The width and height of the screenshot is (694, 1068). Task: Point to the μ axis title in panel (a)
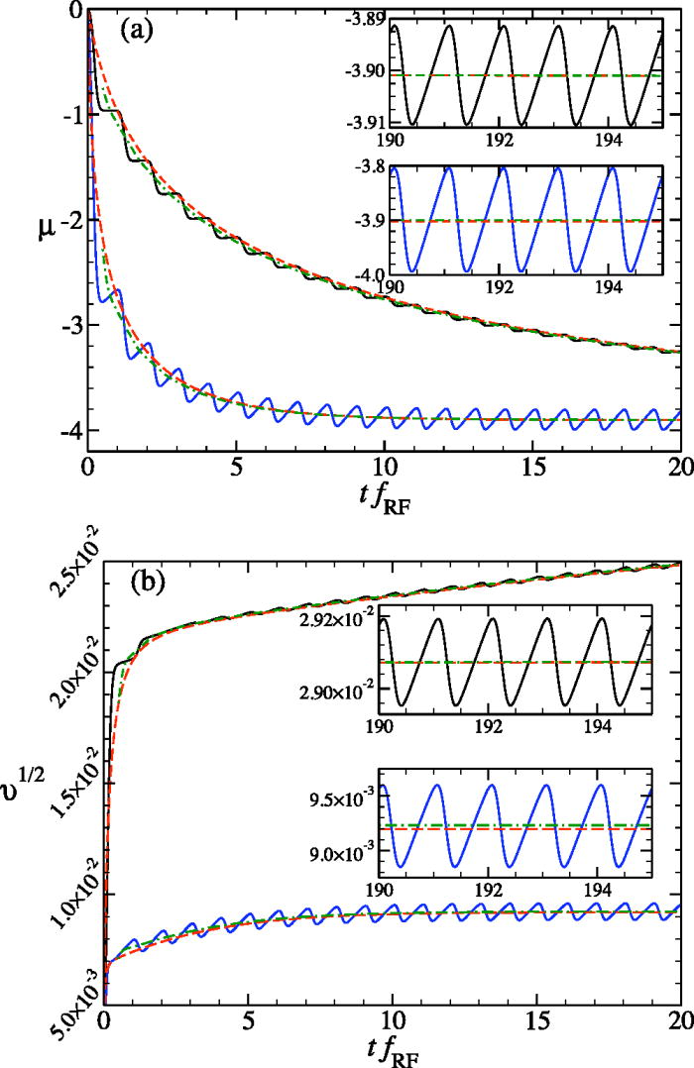[x=40, y=211]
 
